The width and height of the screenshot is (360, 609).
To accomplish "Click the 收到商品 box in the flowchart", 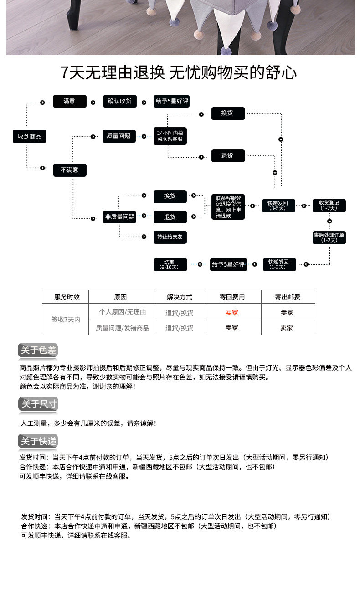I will click(30, 136).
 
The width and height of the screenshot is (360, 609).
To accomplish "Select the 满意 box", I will click(70, 101).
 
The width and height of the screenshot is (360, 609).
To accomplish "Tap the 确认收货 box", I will click(120, 101).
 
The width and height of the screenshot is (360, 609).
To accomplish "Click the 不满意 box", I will click(70, 170).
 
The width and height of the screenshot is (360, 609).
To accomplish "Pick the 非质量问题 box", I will click(120, 217).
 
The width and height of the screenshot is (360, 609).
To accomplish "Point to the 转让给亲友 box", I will click(170, 237).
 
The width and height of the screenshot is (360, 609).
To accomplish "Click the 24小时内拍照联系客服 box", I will click(170, 136).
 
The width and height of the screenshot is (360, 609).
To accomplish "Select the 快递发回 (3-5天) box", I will click(278, 206).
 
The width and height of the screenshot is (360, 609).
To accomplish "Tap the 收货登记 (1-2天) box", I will click(329, 206).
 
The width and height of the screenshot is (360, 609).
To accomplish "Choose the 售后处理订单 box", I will click(329, 237).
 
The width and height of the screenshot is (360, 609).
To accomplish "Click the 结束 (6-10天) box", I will click(170, 264).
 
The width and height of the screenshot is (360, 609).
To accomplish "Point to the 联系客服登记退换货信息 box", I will click(228, 207).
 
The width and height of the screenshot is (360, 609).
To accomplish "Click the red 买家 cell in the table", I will click(232, 313).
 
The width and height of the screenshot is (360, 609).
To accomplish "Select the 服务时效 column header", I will click(67, 297).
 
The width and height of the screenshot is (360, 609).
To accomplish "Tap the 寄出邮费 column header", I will click(288, 297).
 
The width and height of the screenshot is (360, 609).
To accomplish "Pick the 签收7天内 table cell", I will click(66, 320).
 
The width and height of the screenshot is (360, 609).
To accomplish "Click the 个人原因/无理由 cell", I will click(123, 312).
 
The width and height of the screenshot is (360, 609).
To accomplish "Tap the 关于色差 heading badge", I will click(38, 350).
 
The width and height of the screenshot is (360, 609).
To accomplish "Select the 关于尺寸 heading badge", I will click(38, 404).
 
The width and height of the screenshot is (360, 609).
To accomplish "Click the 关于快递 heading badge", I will click(38, 441).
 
